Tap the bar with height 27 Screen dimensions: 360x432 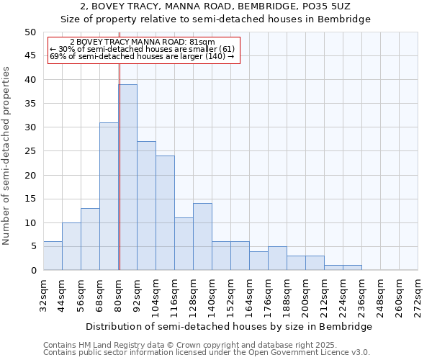point(146,206)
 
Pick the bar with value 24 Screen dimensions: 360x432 point(165,213)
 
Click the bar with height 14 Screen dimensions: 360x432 point(202,237)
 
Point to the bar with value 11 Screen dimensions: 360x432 point(184,244)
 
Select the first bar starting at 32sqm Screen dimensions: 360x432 point(53,256)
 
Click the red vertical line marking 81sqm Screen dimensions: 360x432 point(120,180)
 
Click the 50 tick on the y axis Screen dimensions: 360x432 point(30,32)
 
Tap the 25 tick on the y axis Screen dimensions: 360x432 point(30,151)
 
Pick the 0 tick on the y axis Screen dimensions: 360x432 point(32,270)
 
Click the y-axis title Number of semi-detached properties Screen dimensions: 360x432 point(7,156)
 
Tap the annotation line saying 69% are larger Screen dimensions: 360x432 point(142,56)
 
